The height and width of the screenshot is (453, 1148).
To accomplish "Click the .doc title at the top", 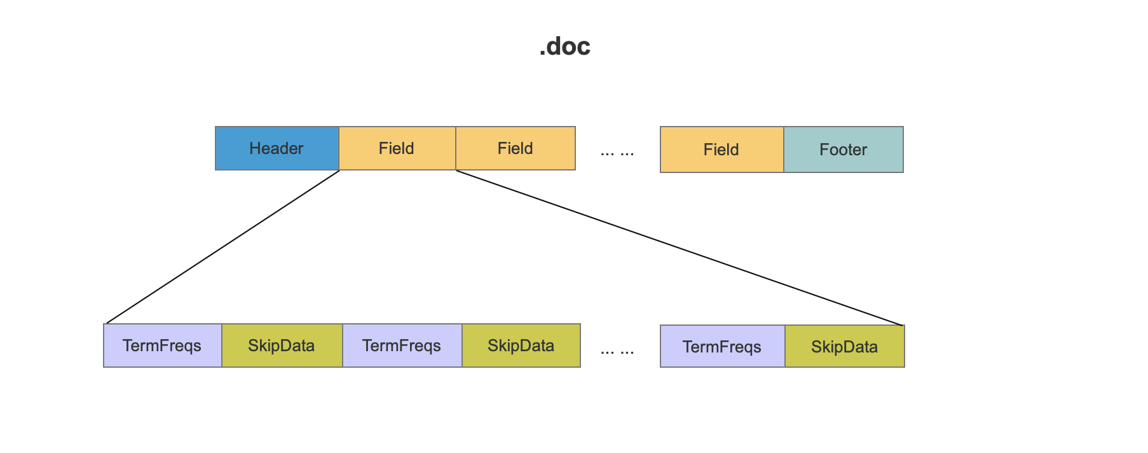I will [x=564, y=46].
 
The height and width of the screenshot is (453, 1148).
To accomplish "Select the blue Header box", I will [x=277, y=148].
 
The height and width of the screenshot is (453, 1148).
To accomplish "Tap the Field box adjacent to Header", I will [x=397, y=148].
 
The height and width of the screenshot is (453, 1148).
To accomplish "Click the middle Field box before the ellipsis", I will [x=516, y=148].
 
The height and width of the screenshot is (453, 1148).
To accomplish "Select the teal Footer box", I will [x=844, y=150].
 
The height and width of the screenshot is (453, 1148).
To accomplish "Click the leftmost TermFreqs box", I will [x=163, y=345].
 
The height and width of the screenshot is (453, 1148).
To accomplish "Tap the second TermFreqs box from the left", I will [x=402, y=345].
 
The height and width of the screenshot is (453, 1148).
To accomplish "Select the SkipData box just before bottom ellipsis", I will [x=521, y=345].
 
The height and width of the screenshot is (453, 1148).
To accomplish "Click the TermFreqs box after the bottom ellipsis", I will [x=723, y=347].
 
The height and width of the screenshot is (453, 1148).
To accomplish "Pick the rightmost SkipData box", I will [x=845, y=347].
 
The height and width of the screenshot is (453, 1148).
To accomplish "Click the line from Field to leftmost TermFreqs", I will [x=222, y=247].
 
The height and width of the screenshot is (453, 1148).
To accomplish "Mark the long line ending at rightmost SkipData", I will [x=679, y=248].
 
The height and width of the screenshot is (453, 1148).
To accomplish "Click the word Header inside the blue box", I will [x=277, y=148].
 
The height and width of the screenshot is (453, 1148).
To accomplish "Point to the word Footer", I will [x=844, y=150].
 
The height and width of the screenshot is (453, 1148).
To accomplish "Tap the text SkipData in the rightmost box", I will [x=845, y=347].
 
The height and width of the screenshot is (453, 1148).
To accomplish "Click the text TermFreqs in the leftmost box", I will [x=162, y=345].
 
